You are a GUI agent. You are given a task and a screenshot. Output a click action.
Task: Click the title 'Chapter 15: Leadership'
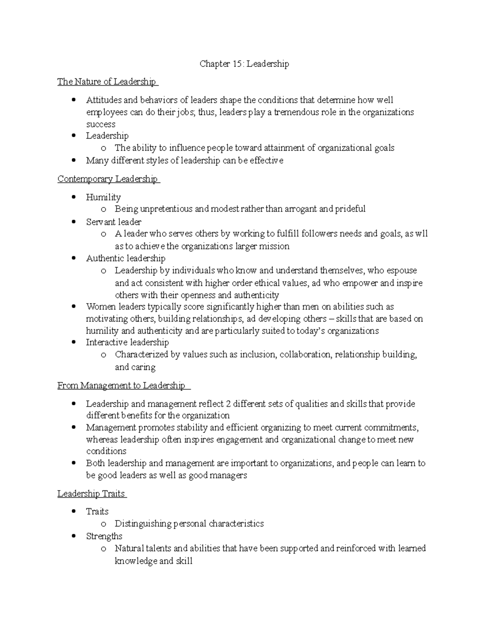click(244, 64)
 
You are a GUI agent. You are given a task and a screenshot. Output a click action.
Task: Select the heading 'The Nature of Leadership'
click(107, 82)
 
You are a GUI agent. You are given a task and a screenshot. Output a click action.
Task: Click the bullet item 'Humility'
click(103, 197)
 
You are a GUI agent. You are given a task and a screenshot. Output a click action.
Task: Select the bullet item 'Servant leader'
click(114, 222)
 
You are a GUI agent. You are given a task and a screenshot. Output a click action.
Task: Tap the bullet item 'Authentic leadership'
click(126, 258)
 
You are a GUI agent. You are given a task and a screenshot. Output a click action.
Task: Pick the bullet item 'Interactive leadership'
click(127, 342)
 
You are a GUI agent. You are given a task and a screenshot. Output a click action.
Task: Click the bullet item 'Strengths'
click(104, 536)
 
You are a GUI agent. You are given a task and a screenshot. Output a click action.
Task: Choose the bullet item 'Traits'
click(97, 512)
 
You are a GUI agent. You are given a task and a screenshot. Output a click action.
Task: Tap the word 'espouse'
click(401, 271)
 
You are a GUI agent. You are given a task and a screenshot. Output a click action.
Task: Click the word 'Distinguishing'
click(143, 524)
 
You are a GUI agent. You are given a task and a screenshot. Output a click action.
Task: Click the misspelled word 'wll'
click(421, 234)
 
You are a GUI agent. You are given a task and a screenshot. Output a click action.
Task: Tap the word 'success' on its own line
click(101, 124)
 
